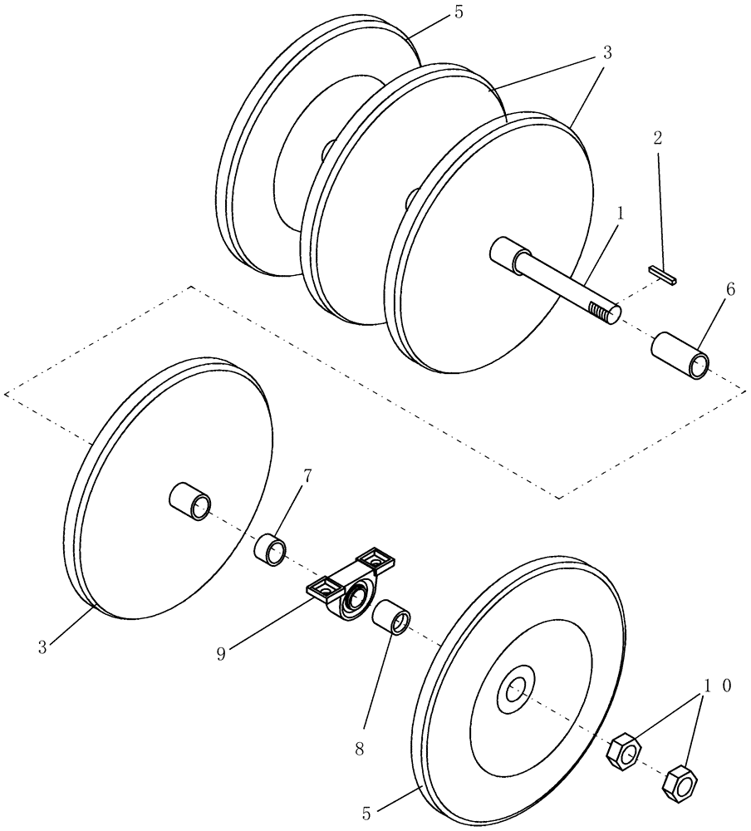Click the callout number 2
(658, 139)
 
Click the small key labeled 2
(664, 274)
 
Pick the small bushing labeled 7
(270, 549)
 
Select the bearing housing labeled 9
(350, 585)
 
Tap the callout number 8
(360, 748)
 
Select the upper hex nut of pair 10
(624, 750)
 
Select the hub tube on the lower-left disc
(190, 503)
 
